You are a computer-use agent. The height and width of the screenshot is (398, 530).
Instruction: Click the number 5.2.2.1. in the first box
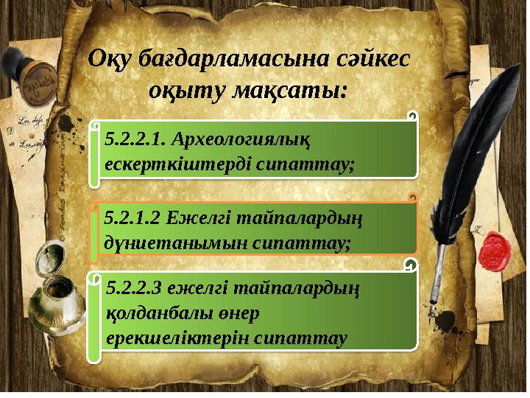click(136, 137)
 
